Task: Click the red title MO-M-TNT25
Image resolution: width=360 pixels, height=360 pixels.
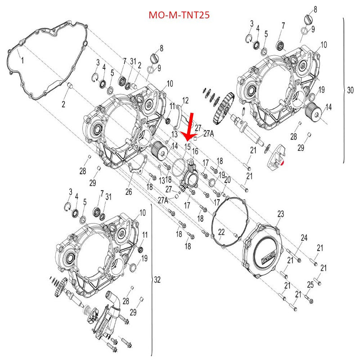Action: [180, 15]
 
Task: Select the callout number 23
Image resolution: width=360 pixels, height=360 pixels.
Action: [280, 214]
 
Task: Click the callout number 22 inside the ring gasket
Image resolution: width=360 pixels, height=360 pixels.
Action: [221, 232]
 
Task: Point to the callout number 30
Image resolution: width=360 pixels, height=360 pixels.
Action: [351, 90]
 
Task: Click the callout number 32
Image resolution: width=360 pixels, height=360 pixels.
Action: [157, 279]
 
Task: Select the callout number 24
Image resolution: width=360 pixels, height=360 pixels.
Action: [304, 237]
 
